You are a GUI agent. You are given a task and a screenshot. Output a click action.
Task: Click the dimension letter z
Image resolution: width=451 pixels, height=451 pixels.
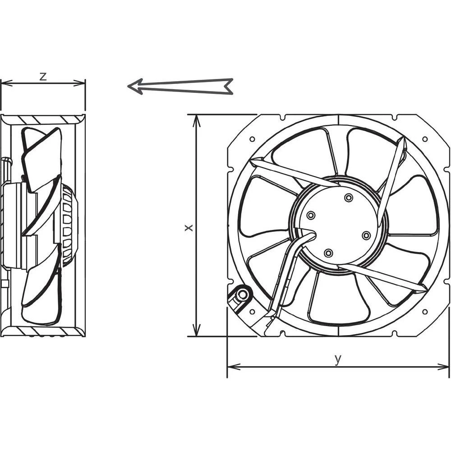(x=43, y=76)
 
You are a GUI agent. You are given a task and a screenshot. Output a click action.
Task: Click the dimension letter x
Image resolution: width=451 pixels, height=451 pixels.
(x=189, y=228)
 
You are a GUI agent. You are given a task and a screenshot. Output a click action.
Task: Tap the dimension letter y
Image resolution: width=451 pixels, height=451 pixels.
(x=338, y=359)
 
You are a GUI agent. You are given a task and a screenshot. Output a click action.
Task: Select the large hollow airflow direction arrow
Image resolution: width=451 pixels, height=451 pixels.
(x=180, y=86)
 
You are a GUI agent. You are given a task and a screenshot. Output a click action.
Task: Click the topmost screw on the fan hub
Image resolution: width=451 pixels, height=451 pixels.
(x=348, y=198)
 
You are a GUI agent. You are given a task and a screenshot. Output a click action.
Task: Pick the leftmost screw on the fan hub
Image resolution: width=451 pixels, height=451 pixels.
(x=310, y=216)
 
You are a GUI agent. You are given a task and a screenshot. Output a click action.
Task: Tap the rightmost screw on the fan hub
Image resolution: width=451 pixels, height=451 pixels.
(x=366, y=235)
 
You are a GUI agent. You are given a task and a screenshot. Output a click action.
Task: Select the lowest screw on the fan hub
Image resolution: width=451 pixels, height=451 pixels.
(x=328, y=253)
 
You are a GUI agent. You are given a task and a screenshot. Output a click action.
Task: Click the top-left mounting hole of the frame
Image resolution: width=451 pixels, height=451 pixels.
(x=252, y=139)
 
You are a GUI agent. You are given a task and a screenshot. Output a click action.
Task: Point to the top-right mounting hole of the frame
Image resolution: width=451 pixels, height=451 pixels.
(x=424, y=139)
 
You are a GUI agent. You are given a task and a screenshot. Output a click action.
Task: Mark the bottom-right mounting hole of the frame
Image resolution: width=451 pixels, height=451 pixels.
(x=424, y=311)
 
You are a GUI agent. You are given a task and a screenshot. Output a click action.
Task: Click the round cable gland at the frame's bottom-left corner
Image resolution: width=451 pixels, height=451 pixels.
(x=242, y=295)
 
